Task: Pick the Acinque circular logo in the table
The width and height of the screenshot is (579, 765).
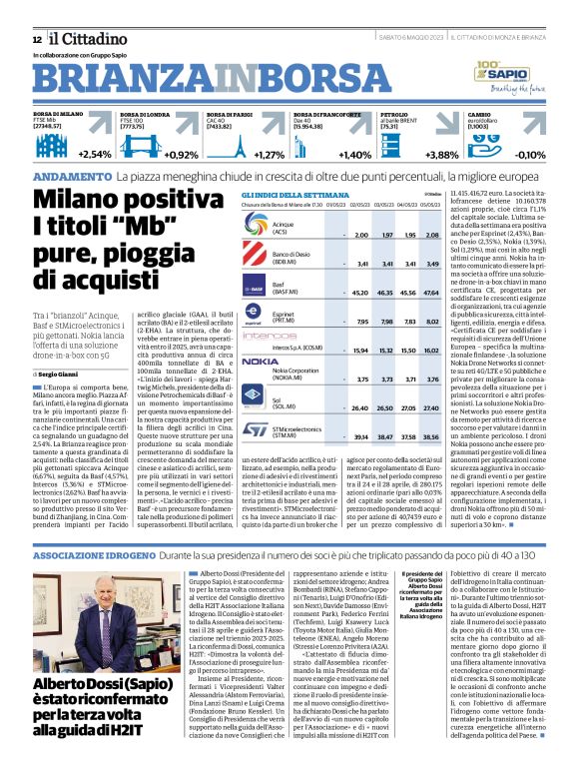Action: click(x=256, y=233)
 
